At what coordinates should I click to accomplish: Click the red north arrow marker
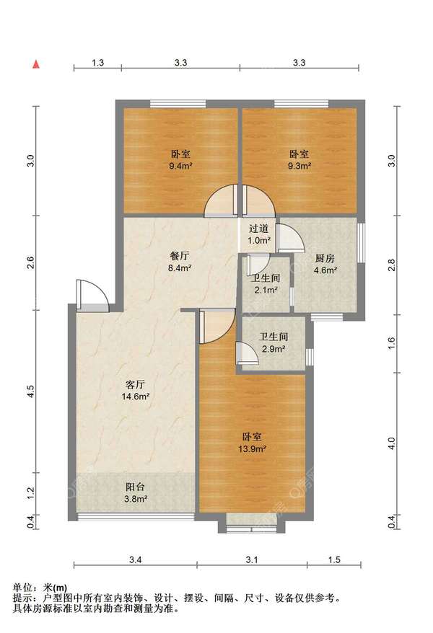(36, 64)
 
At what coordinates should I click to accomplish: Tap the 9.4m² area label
(180, 166)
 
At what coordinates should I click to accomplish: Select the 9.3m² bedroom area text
(299, 166)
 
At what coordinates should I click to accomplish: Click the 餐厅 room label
(180, 256)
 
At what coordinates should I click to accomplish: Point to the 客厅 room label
(136, 384)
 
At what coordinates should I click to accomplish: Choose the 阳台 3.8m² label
(136, 493)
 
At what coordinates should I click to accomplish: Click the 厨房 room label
(325, 258)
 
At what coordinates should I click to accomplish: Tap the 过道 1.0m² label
(258, 234)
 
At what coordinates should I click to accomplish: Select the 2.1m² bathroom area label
(266, 290)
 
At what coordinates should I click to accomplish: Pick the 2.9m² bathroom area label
(274, 349)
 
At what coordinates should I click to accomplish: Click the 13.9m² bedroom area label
(252, 448)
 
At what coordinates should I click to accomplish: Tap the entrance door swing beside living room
(92, 296)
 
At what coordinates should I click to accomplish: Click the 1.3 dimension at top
(97, 63)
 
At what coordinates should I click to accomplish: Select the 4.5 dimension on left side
(31, 391)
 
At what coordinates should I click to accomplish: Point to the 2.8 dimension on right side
(391, 265)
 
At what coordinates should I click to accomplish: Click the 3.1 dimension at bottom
(252, 559)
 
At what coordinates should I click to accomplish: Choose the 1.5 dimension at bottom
(334, 559)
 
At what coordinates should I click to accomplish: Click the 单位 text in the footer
(22, 588)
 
